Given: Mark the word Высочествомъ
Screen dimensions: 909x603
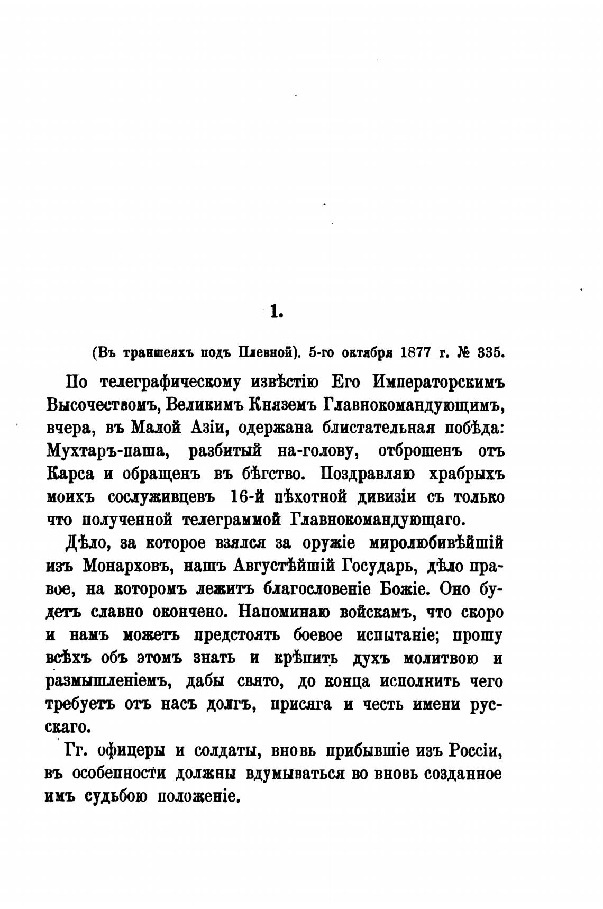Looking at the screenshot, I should click(103, 405).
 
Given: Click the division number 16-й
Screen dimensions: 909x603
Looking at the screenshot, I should click(245, 498).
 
